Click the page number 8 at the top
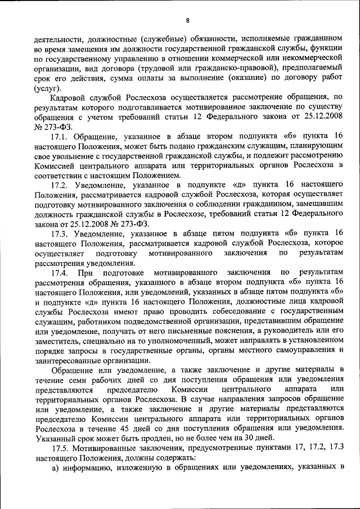[187, 21]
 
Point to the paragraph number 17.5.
[61, 448]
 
